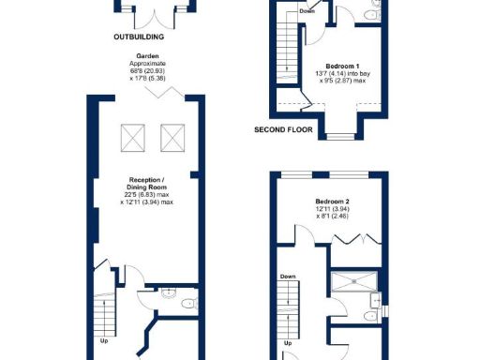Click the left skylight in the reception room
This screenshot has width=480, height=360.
133,140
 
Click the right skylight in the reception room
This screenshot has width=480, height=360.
172,140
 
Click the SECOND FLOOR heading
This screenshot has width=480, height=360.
282,129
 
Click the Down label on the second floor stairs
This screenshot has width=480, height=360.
307,11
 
